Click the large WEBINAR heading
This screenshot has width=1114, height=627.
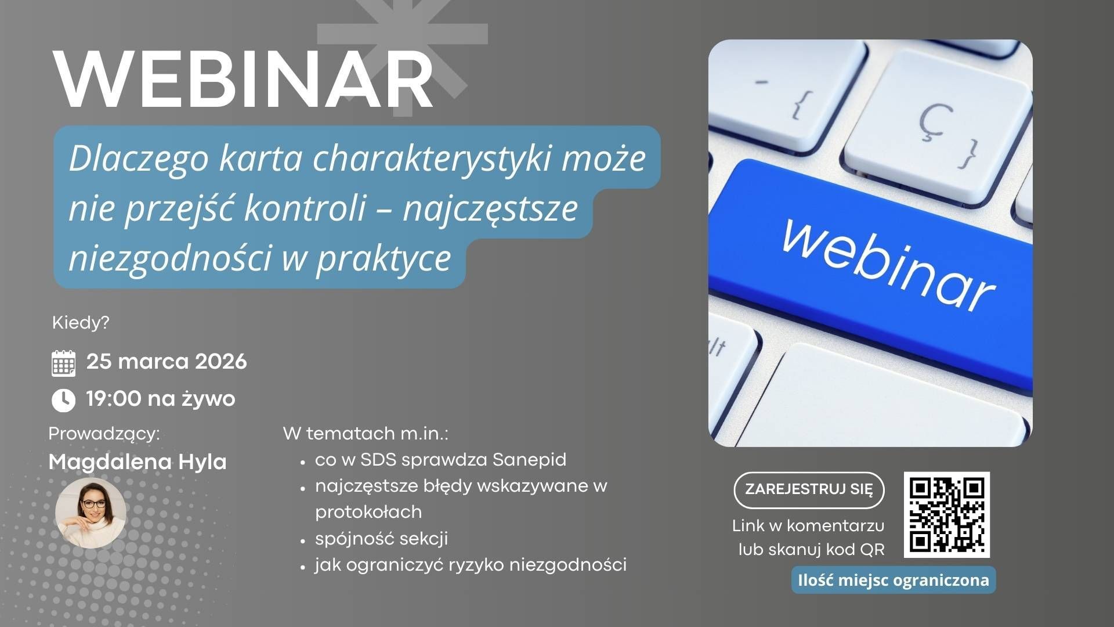[244, 80]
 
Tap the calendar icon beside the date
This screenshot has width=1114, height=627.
[64, 363]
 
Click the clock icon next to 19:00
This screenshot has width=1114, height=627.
[64, 400]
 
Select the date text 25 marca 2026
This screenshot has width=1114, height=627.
[167, 362]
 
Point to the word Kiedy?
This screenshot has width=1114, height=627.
[81, 323]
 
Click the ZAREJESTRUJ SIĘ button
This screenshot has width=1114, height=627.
[809, 489]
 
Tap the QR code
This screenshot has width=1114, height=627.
[947, 515]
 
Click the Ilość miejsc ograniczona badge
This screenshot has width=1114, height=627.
[894, 580]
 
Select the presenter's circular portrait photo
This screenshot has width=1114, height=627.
[91, 513]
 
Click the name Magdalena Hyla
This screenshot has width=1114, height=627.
[138, 462]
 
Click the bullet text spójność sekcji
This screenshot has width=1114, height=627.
[382, 539]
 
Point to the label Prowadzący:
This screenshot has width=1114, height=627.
[104, 434]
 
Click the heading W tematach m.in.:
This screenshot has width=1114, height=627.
[366, 434]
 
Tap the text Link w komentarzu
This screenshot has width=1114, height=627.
[808, 526]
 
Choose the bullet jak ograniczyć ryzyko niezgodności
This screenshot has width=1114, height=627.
[471, 565]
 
